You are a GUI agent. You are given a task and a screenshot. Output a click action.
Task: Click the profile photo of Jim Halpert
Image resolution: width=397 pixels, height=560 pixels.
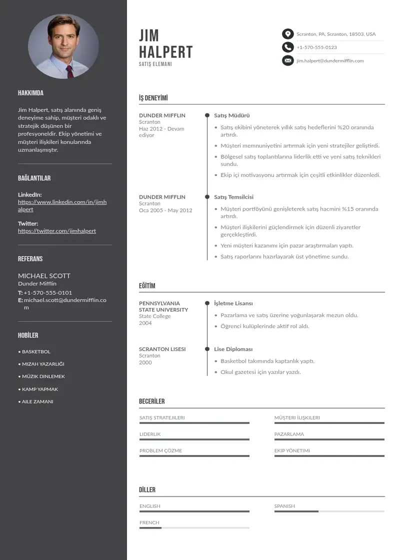click(x=63, y=46)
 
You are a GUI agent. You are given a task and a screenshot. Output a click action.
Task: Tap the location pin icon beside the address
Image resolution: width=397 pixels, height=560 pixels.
click(x=287, y=34)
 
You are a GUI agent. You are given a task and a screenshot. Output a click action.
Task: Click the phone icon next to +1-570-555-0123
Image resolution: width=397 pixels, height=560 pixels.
click(x=287, y=47)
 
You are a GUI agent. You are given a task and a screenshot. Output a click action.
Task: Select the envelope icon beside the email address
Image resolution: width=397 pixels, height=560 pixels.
click(x=287, y=60)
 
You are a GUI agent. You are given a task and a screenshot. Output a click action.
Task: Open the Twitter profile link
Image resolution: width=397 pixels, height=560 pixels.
click(x=57, y=231)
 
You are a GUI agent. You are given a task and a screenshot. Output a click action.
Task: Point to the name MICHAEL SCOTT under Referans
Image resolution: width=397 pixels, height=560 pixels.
click(x=44, y=275)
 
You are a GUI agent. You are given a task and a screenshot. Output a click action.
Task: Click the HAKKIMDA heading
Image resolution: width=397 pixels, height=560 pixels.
click(x=30, y=93)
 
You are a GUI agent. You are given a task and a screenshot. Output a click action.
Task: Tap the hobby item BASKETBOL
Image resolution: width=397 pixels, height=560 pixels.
click(x=36, y=351)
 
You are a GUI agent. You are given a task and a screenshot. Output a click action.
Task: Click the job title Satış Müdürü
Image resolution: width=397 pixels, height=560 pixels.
click(x=231, y=115)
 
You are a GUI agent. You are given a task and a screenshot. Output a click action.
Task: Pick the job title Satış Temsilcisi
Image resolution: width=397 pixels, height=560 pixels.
click(x=233, y=197)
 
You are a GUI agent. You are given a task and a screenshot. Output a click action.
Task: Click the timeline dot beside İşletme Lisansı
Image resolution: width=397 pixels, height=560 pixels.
click(x=207, y=303)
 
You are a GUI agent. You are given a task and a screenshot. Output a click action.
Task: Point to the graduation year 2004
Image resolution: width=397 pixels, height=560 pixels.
click(x=145, y=323)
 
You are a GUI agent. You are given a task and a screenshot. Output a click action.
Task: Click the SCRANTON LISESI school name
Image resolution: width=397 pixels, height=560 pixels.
click(x=162, y=349)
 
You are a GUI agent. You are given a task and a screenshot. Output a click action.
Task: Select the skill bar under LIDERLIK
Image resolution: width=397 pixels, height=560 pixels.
click(x=194, y=439)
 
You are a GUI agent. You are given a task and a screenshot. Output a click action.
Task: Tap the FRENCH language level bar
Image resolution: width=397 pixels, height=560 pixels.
click(x=194, y=527)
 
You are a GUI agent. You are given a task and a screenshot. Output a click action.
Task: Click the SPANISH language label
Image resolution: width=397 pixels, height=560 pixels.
click(x=284, y=506)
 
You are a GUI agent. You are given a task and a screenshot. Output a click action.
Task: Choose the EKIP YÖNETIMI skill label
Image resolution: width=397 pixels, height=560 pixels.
click(x=292, y=450)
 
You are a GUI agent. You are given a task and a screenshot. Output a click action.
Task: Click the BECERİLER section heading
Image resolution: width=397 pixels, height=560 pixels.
click(x=151, y=401)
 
